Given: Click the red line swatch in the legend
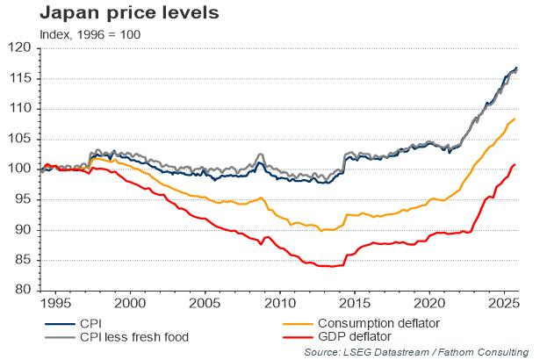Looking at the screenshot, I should point(301,336).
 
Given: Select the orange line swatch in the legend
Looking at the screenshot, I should point(301,323).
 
